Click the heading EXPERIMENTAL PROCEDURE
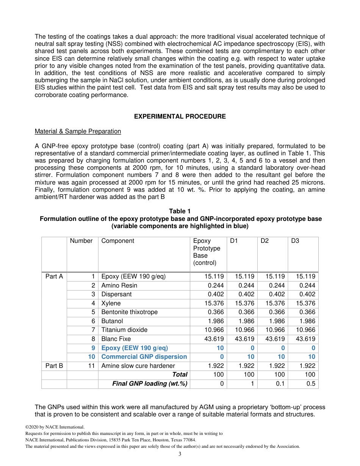[x=180, y=117]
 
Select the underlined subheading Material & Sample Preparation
[x=78, y=131]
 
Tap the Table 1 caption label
[x=180, y=211]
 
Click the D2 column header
[x=265, y=241]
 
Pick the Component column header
[x=117, y=241]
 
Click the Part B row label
[x=54, y=366]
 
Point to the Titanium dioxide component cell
[x=124, y=330]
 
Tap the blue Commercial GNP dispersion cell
[x=144, y=357]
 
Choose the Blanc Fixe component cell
[x=116, y=339]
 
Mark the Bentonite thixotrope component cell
[x=129, y=312]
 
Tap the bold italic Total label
[x=180, y=375]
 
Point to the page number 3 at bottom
[x=180, y=454]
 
